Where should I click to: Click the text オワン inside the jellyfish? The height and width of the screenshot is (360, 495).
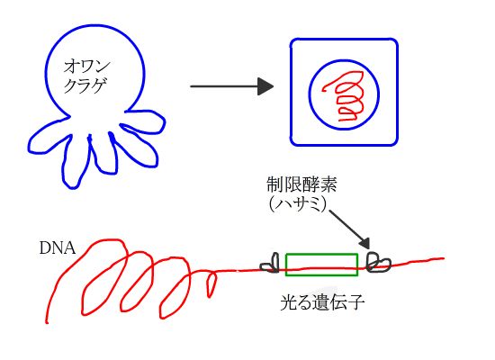click(x=87, y=67)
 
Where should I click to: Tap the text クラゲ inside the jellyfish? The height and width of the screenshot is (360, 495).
click(x=85, y=85)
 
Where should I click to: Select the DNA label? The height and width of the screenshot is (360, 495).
click(x=58, y=248)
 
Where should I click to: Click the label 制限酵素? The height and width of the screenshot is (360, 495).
click(x=301, y=184)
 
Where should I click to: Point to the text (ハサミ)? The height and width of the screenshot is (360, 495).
click(x=298, y=204)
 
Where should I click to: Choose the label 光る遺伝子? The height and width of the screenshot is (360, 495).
click(x=322, y=302)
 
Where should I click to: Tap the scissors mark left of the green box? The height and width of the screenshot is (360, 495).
click(x=270, y=263)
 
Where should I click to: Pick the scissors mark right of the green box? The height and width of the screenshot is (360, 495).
click(x=378, y=262)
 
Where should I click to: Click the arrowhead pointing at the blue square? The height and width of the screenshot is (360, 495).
click(x=265, y=86)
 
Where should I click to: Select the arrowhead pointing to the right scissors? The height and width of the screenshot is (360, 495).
click(x=364, y=243)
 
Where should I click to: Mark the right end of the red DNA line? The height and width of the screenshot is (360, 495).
click(x=444, y=258)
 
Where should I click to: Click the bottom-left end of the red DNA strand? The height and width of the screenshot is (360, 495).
click(x=47, y=322)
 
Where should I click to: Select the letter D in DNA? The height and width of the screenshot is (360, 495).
click(x=45, y=248)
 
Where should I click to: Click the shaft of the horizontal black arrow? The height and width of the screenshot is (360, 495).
click(x=224, y=86)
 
